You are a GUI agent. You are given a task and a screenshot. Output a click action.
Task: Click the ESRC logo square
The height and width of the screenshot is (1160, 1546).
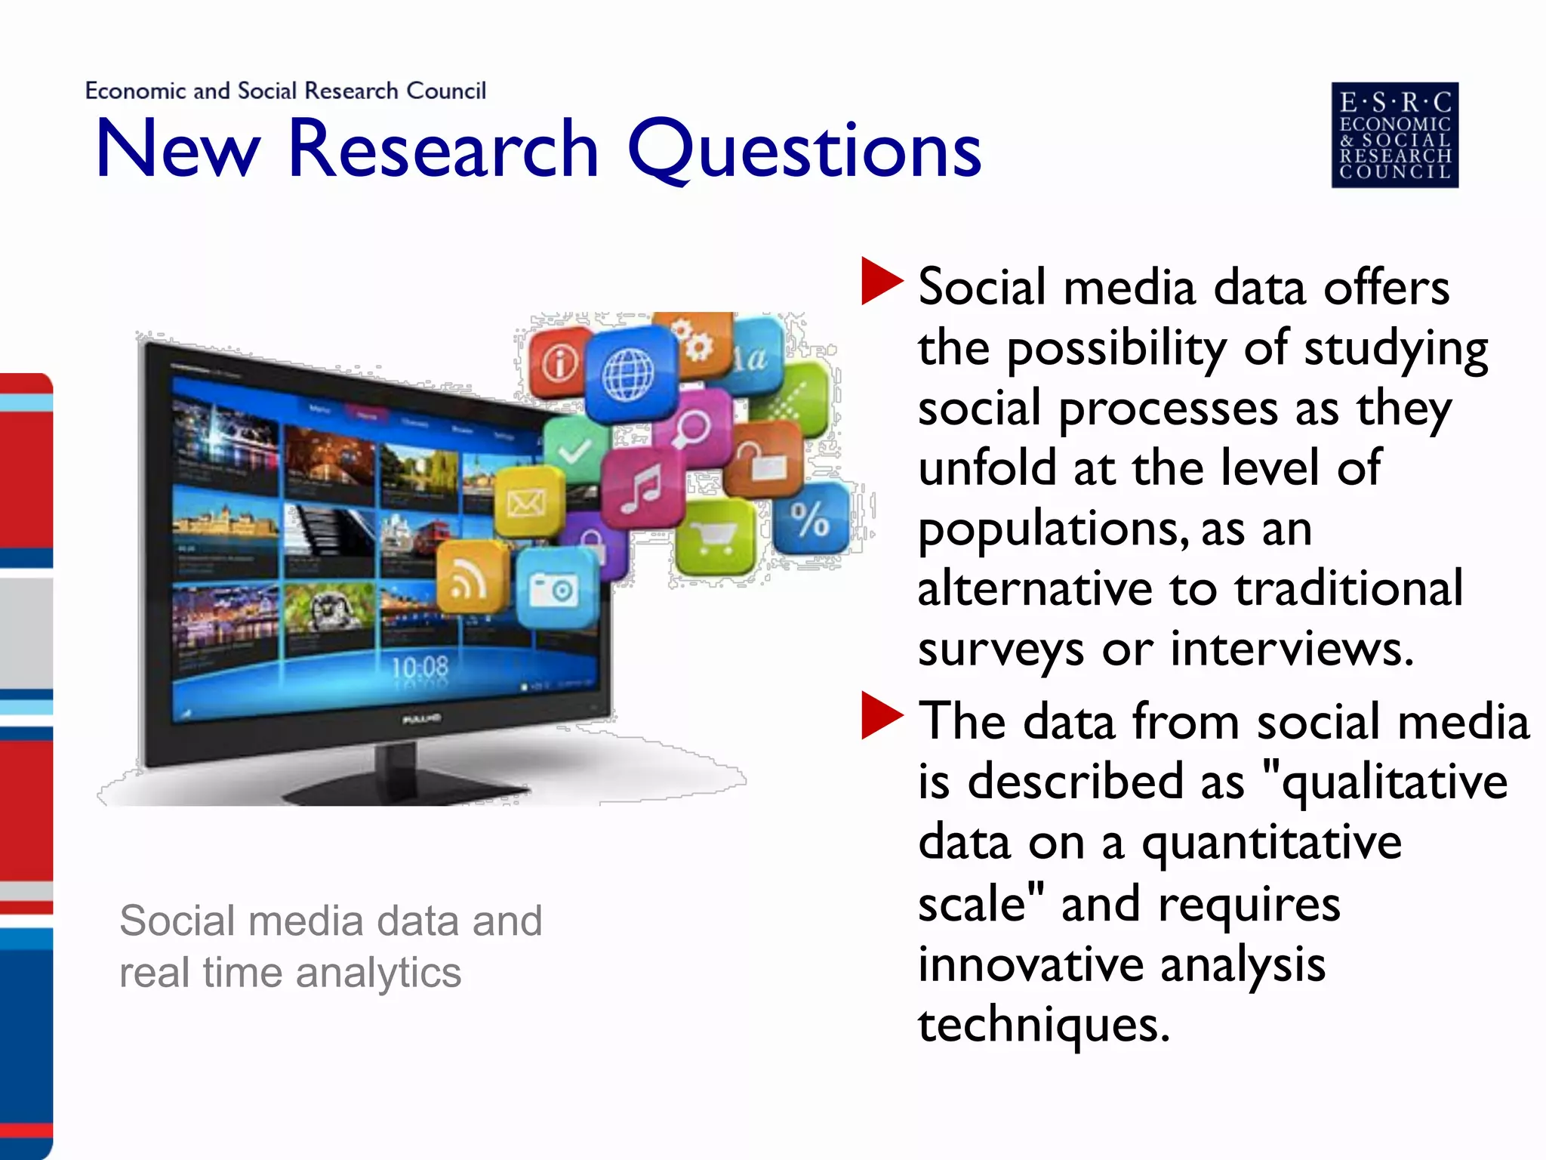1394,134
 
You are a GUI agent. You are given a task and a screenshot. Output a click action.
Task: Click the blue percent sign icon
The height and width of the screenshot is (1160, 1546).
811,519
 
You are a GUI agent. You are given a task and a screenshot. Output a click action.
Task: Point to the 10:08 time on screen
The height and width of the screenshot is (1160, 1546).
420,667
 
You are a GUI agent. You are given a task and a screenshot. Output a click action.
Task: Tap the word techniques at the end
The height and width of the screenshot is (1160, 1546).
1043,1025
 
